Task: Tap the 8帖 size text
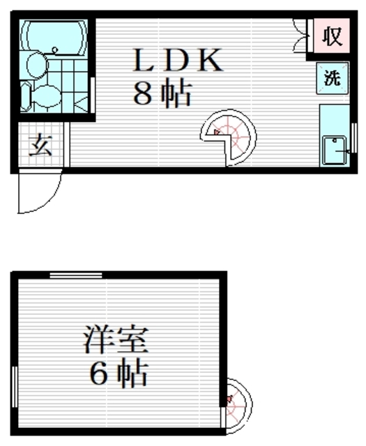162,94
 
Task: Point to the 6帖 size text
118,375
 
